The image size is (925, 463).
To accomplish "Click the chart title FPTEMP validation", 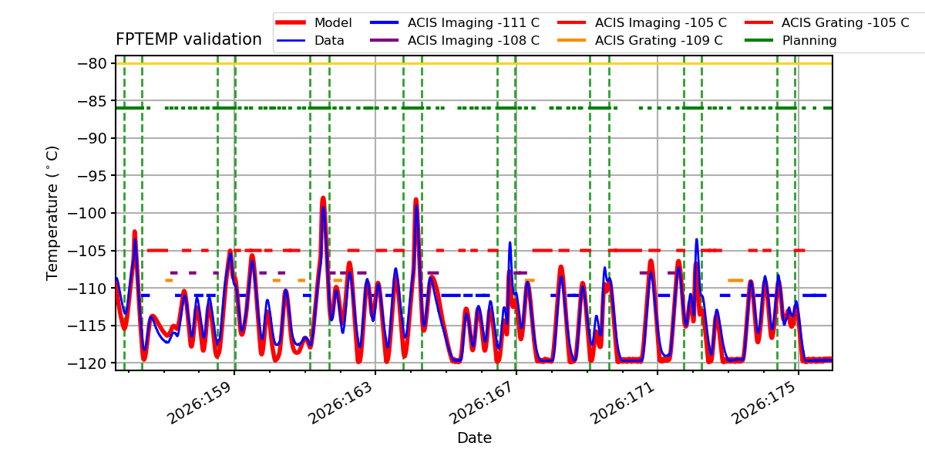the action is pos(189,39).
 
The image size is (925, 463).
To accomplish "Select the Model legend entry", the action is pos(314,22).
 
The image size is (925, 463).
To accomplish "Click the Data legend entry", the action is pos(311,40).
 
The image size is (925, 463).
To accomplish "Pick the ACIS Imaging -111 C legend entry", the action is pos(455,22).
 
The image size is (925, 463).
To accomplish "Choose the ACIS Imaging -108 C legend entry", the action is pos(455,40).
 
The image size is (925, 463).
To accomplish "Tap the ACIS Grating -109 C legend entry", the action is pos(640,40).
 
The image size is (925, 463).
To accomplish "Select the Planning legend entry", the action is pos(791,40).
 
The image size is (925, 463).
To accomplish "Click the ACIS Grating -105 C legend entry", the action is pos(827,22).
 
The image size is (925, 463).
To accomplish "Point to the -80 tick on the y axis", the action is pos(92,63).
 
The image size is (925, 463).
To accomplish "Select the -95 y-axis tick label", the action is pos(92,176).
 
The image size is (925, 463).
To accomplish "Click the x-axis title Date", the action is pos(474,438).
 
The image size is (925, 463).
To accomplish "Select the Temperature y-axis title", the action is pos(52,213).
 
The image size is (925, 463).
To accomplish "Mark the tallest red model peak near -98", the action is pos(323,198).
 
